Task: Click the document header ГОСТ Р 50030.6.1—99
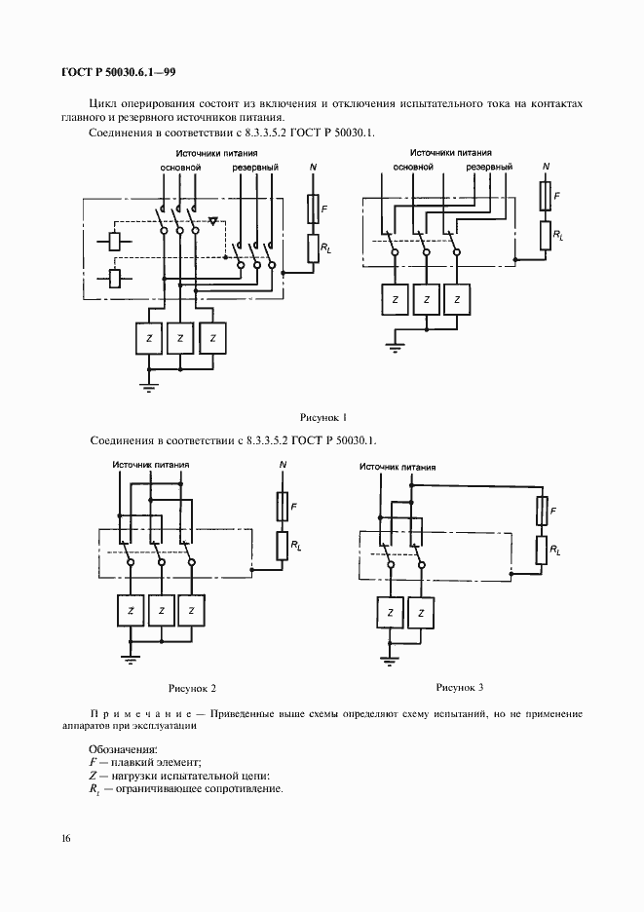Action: pyautogui.click(x=118, y=73)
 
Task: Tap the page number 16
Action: pyautogui.click(x=65, y=838)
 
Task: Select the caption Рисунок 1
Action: pyautogui.click(x=322, y=417)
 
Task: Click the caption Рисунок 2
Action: pyautogui.click(x=192, y=688)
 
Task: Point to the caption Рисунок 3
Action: pyautogui.click(x=460, y=687)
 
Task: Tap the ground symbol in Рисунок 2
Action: pyautogui.click(x=130, y=659)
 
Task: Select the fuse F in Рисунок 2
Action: pyautogui.click(x=283, y=506)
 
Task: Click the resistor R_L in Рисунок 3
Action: pyautogui.click(x=542, y=551)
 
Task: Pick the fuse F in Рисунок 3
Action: pyautogui.click(x=542, y=511)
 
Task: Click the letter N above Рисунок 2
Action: pyautogui.click(x=283, y=465)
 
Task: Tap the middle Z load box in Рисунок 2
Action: pyautogui.click(x=161, y=610)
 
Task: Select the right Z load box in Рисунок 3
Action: pyautogui.click(x=421, y=613)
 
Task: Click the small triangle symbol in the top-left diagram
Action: pyautogui.click(x=213, y=221)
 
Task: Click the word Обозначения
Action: pyautogui.click(x=124, y=749)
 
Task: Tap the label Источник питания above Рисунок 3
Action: pyautogui.click(x=398, y=467)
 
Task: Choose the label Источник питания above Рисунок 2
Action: pyautogui.click(x=151, y=465)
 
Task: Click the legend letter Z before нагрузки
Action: pyautogui.click(x=93, y=776)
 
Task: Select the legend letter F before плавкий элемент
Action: pyautogui.click(x=93, y=762)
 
